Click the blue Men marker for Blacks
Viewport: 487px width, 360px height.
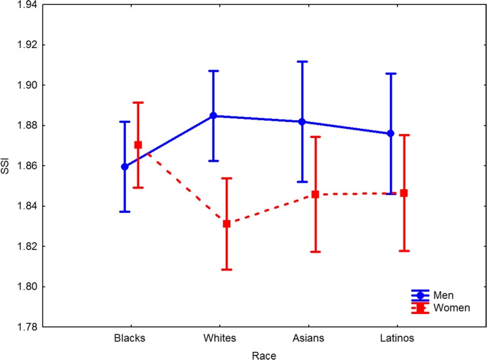click(125, 166)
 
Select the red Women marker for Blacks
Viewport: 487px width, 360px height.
click(138, 145)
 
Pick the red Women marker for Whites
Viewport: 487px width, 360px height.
click(226, 223)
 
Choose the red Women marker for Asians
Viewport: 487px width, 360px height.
click(316, 194)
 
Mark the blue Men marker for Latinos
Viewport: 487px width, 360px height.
click(391, 133)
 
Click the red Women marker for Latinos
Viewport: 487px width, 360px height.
click(404, 192)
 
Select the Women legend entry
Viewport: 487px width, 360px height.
click(447, 307)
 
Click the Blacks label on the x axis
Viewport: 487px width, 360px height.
click(129, 340)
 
